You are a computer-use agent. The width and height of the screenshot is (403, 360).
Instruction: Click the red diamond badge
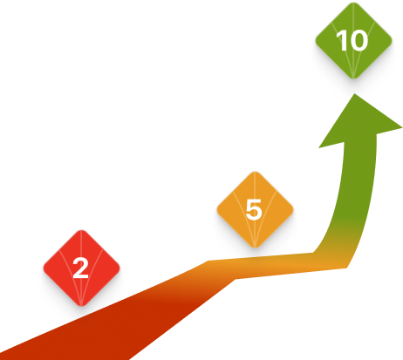[81, 268]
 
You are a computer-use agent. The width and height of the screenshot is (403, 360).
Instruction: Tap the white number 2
[80, 268]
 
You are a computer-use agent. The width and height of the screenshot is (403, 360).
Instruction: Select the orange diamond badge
[255, 209]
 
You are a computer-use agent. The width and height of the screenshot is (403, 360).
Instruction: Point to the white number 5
[254, 209]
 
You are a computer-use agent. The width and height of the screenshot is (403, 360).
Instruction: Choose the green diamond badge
[353, 40]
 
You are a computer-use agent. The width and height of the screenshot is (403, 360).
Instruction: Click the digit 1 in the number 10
[340, 40]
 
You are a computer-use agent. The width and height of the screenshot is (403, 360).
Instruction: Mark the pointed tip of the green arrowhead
[355, 93]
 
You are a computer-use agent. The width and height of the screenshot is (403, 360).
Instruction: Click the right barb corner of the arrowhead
[402, 127]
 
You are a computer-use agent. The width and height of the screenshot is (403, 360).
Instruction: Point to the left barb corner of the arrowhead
[318, 148]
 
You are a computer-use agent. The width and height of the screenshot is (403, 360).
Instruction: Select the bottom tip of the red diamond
[81, 306]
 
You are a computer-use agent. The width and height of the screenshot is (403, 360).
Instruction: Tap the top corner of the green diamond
[353, 3]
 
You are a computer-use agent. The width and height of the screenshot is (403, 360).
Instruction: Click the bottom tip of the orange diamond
[255, 248]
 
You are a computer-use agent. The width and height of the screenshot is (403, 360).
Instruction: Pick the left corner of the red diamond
[44, 268]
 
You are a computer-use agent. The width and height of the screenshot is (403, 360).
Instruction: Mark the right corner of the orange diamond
[293, 209]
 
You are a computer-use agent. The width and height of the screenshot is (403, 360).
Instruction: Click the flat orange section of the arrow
[277, 265]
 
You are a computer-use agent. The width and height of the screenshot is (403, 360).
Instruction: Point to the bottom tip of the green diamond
[353, 78]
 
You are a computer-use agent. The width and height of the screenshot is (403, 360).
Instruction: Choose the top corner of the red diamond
[81, 230]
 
